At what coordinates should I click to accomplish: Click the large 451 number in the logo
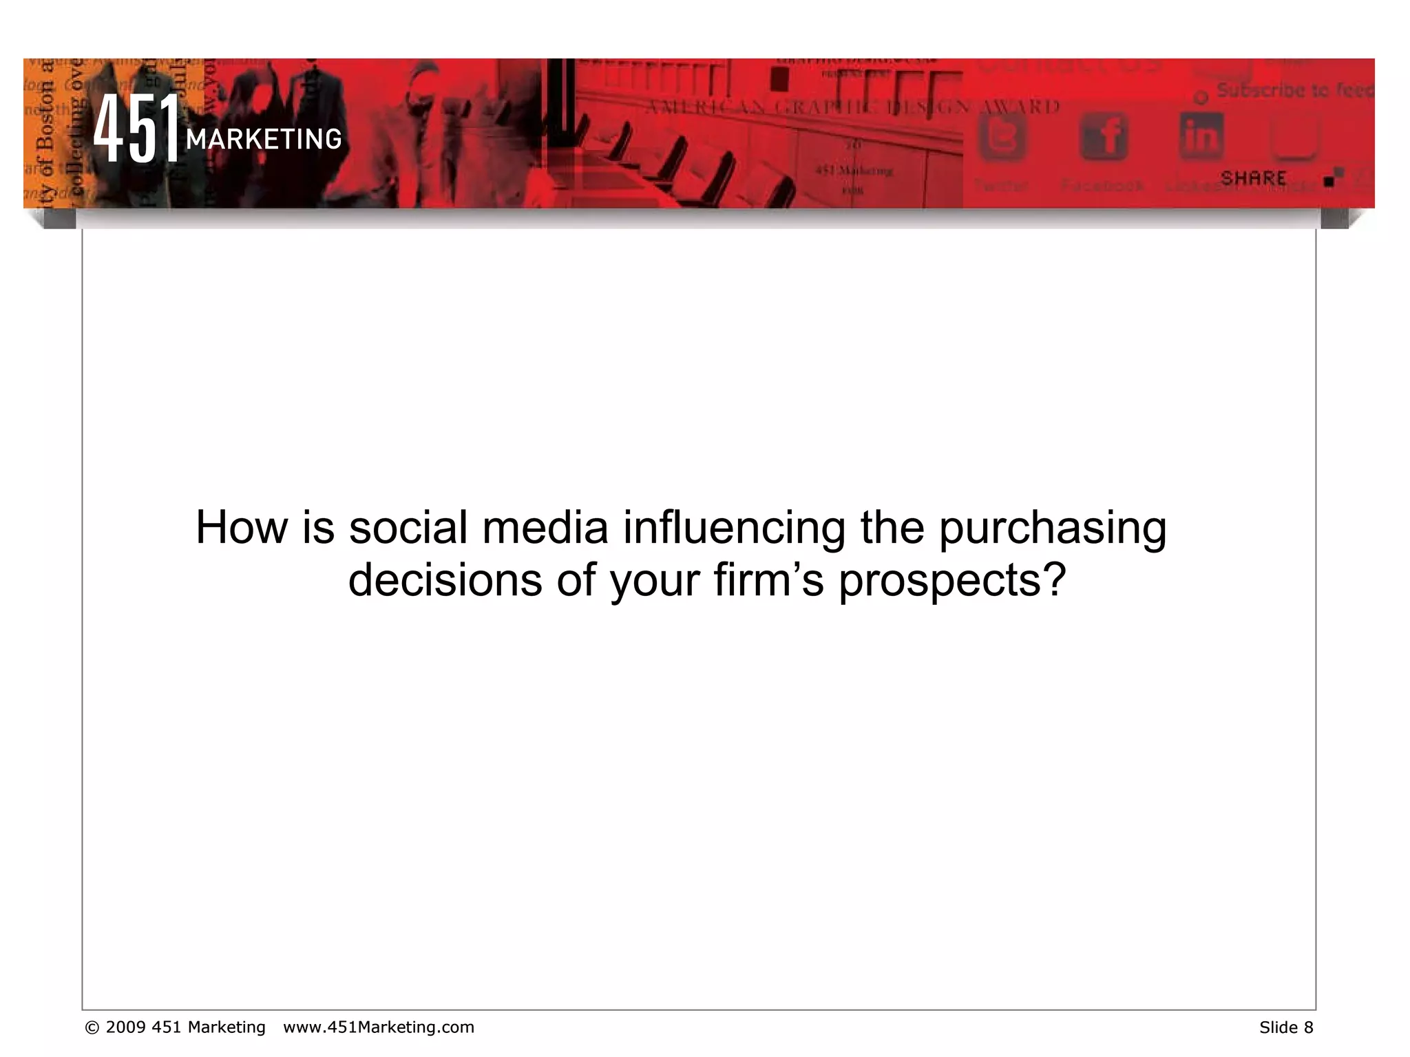136,129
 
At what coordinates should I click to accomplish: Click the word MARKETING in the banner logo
264,140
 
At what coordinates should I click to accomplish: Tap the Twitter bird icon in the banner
1002,136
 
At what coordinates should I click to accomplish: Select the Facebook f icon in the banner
1103,136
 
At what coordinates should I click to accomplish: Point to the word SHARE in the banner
1253,178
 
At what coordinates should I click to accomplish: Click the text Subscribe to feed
1294,90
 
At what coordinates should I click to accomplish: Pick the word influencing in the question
734,528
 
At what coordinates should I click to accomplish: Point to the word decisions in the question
445,580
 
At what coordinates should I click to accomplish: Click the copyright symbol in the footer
92,1027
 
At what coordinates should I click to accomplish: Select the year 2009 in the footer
125,1027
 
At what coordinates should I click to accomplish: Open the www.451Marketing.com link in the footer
379,1027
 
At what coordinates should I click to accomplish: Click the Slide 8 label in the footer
1286,1027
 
